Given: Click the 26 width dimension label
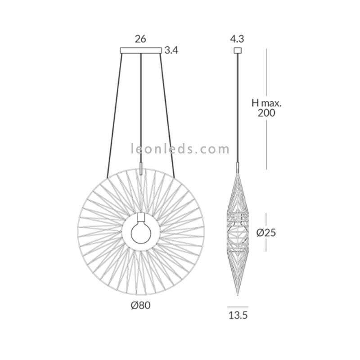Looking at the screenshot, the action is point(140,39).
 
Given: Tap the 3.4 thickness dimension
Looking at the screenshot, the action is point(171,50).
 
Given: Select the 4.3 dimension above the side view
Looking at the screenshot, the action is point(237,39).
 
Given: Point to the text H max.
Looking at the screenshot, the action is point(266,103).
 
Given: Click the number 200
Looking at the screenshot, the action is point(266,113).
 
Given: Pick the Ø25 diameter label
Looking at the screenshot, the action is point(266,233).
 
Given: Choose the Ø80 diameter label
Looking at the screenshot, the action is point(141,306).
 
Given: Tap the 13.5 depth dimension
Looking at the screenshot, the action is point(238,315).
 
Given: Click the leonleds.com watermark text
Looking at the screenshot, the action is point(180,149).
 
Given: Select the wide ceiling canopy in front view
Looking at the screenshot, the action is point(141,50).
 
